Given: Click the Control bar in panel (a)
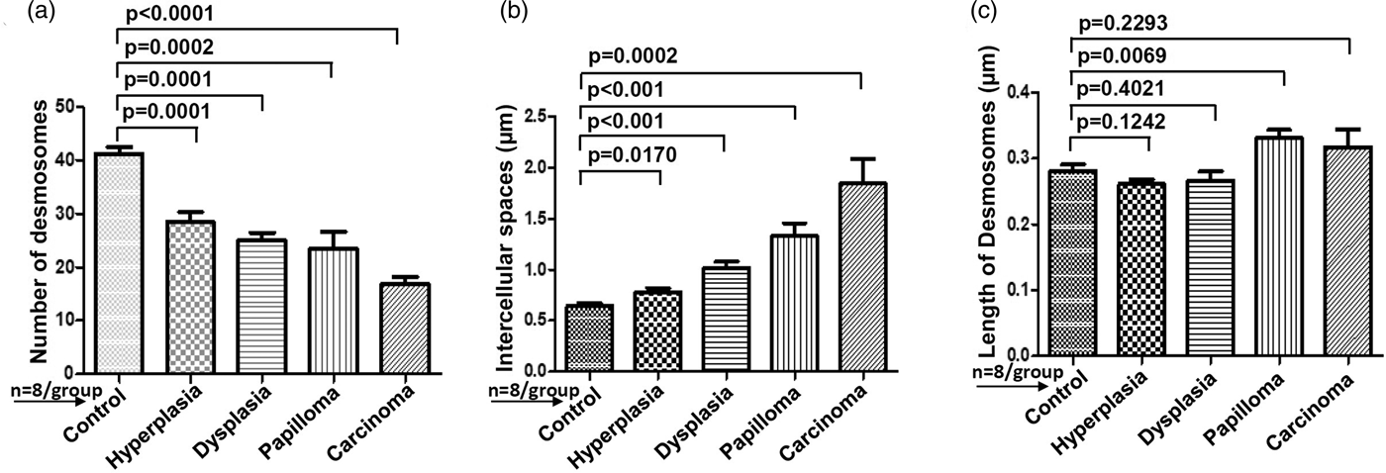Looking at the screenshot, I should pos(119,263).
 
